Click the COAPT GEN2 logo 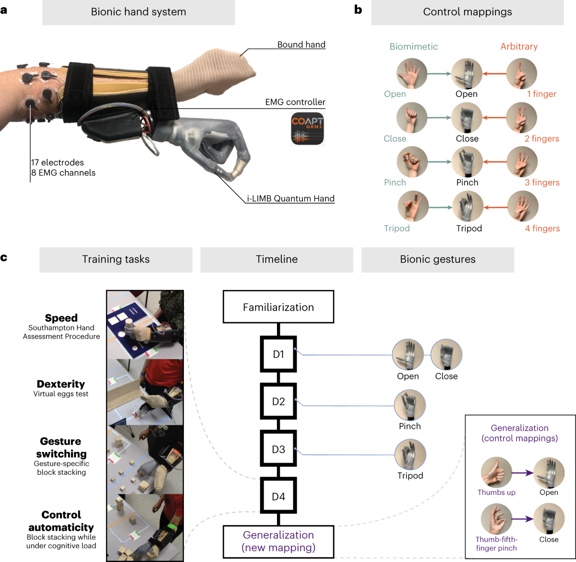pos(308,129)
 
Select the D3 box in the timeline pos(278,449)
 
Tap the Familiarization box pos(278,307)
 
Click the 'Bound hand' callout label pos(301,45)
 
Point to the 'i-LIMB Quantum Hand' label pos(290,198)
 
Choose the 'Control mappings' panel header pos(467,12)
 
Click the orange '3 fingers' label pos(542,183)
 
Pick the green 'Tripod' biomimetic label pos(396,228)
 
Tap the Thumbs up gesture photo pos(496,472)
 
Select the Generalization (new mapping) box pos(278,541)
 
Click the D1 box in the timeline pos(278,354)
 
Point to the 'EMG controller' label pos(295,102)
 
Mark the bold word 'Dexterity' pos(61,384)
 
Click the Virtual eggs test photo pos(145,392)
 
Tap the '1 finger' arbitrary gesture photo pos(522,73)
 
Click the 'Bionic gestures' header pos(437,259)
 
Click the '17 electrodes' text pos(58,162)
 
